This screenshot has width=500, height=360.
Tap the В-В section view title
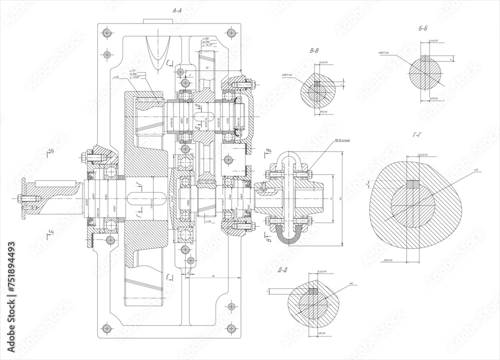315,50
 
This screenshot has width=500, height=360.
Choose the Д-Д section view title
283,270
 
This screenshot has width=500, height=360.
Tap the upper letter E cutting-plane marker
168,62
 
